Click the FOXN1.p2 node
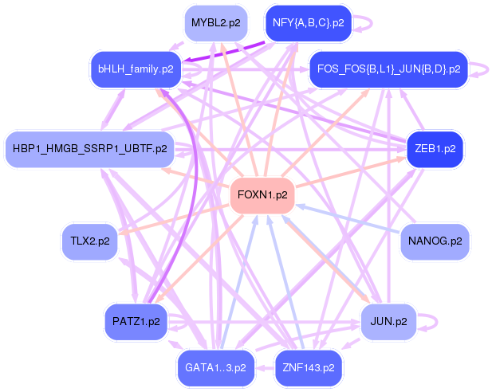262,195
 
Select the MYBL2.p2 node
216,23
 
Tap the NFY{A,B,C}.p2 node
309,23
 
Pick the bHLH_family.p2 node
136,69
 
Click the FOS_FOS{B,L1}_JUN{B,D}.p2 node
389,69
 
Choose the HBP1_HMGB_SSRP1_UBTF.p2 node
90,149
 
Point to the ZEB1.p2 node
435,149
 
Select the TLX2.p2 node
90,241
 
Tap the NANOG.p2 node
435,241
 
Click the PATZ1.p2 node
136,322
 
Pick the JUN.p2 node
389,322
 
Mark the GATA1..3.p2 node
215,368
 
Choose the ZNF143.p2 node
309,368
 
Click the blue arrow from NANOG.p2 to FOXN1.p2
348,219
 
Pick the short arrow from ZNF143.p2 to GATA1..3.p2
266,368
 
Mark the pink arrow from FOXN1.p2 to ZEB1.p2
351,173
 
